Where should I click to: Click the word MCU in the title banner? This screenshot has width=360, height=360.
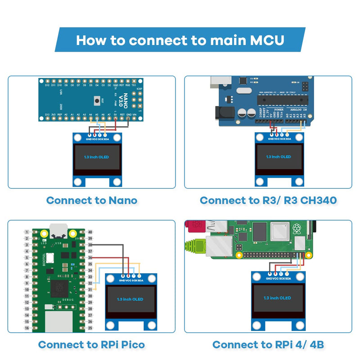266,40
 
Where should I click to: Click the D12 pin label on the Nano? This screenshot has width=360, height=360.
47,85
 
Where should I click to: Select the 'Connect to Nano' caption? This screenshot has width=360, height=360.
91,200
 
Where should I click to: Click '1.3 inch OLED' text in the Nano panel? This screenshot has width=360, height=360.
96,157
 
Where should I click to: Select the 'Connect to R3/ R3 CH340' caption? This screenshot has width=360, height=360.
268,200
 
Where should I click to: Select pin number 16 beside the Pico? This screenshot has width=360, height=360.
27,328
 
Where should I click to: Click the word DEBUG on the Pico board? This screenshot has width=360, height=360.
68,299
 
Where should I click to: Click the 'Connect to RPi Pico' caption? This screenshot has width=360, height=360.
91,345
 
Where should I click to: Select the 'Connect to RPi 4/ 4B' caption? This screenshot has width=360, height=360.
268,345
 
